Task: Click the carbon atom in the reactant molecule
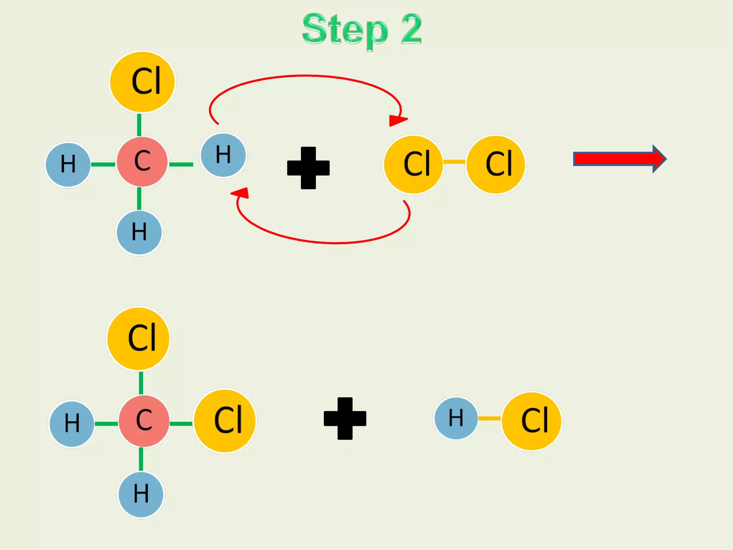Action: click(142, 161)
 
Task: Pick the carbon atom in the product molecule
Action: click(144, 421)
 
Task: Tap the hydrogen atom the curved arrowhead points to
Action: click(223, 155)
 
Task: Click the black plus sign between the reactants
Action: click(308, 168)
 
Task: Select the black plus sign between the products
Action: click(345, 418)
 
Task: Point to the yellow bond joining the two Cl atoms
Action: click(454, 162)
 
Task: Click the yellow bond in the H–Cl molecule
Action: click(489, 418)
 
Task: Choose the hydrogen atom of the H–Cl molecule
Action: click(456, 418)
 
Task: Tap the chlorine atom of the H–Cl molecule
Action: click(532, 421)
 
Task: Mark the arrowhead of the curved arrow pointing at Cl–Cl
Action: click(397, 120)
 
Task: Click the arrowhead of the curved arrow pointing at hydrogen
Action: click(241, 193)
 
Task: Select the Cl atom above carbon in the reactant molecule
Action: click(142, 82)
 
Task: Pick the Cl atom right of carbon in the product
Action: click(225, 421)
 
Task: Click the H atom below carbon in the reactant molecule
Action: click(139, 233)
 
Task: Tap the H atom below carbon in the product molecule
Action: click(141, 494)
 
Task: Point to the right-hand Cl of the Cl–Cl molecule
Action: click(496, 164)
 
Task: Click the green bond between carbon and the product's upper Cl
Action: click(141, 383)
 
